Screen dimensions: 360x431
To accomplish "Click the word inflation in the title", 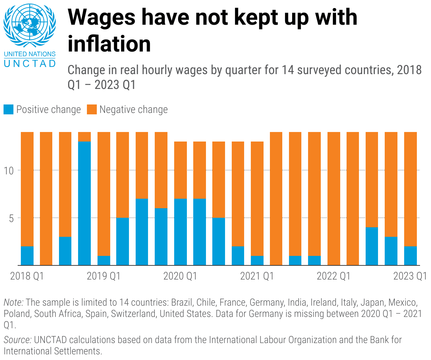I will [109, 44].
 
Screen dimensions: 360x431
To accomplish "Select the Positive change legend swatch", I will [8, 109].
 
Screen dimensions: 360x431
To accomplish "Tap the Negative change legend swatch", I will [92, 109].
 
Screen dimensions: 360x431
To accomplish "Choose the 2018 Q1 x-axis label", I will [27, 276].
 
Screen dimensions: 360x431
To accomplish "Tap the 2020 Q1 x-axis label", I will [180, 276].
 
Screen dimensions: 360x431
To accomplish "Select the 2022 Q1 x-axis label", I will [333, 276].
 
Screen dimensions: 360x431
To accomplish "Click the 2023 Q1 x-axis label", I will [410, 276].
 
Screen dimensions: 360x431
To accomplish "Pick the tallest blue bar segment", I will [84, 203].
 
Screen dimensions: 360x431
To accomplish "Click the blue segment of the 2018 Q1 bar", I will [27, 256].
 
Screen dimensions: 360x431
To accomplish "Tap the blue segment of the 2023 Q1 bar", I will [410, 256].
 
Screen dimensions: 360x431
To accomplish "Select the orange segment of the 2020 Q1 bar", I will [181, 170].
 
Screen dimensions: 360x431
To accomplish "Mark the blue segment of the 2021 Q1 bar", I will [257, 260].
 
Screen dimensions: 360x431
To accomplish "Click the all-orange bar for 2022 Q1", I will [334, 198].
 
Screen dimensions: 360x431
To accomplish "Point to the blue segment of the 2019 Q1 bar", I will [104, 260].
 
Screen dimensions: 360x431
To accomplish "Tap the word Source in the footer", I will [17, 340].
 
